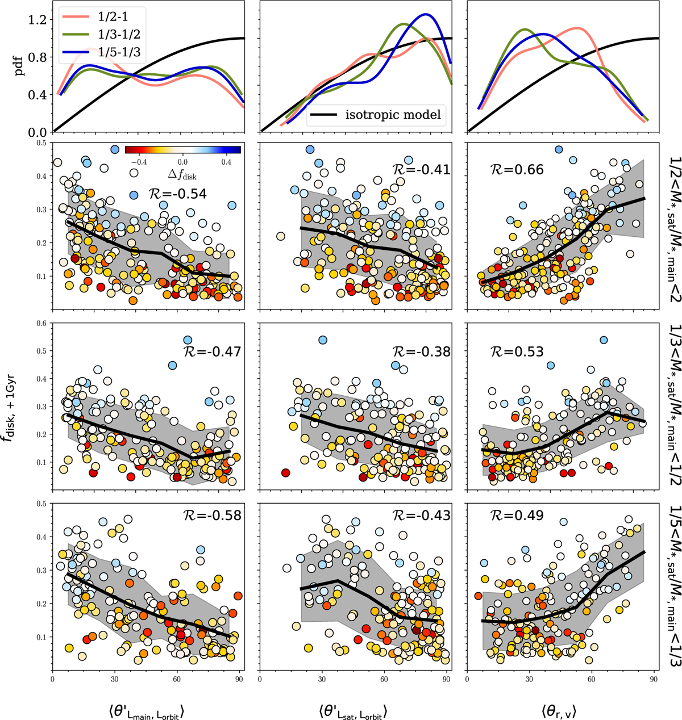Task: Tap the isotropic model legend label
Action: (393, 115)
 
